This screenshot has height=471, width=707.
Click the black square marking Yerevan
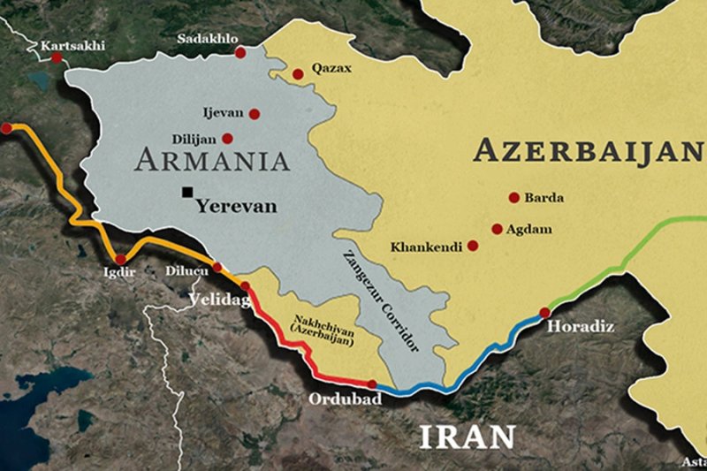point(187,192)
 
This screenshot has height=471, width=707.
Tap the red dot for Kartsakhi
point(57,57)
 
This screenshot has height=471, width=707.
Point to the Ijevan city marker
point(255,114)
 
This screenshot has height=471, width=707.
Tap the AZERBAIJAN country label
point(588,151)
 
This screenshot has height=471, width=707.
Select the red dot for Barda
point(513,198)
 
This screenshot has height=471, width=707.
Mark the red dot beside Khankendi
point(473,246)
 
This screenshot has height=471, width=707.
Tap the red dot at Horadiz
point(544,312)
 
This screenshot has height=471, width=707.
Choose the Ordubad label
point(344,400)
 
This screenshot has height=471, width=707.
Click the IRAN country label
point(466,436)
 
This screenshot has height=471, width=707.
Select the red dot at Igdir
point(121,258)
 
